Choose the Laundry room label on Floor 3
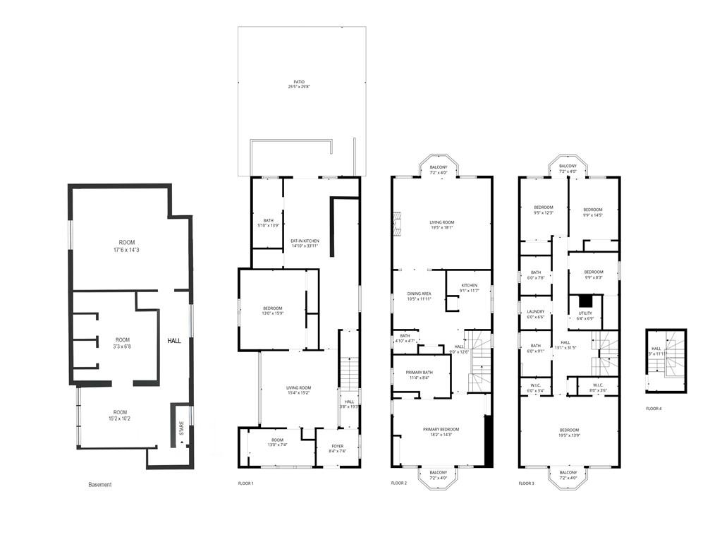pyautogui.click(x=536, y=313)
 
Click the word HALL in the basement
pyautogui.click(x=174, y=341)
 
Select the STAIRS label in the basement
pyautogui.click(x=181, y=428)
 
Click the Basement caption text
pyautogui.click(x=99, y=485)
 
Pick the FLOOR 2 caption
pyautogui.click(x=399, y=483)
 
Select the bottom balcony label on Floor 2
pyautogui.click(x=439, y=475)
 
